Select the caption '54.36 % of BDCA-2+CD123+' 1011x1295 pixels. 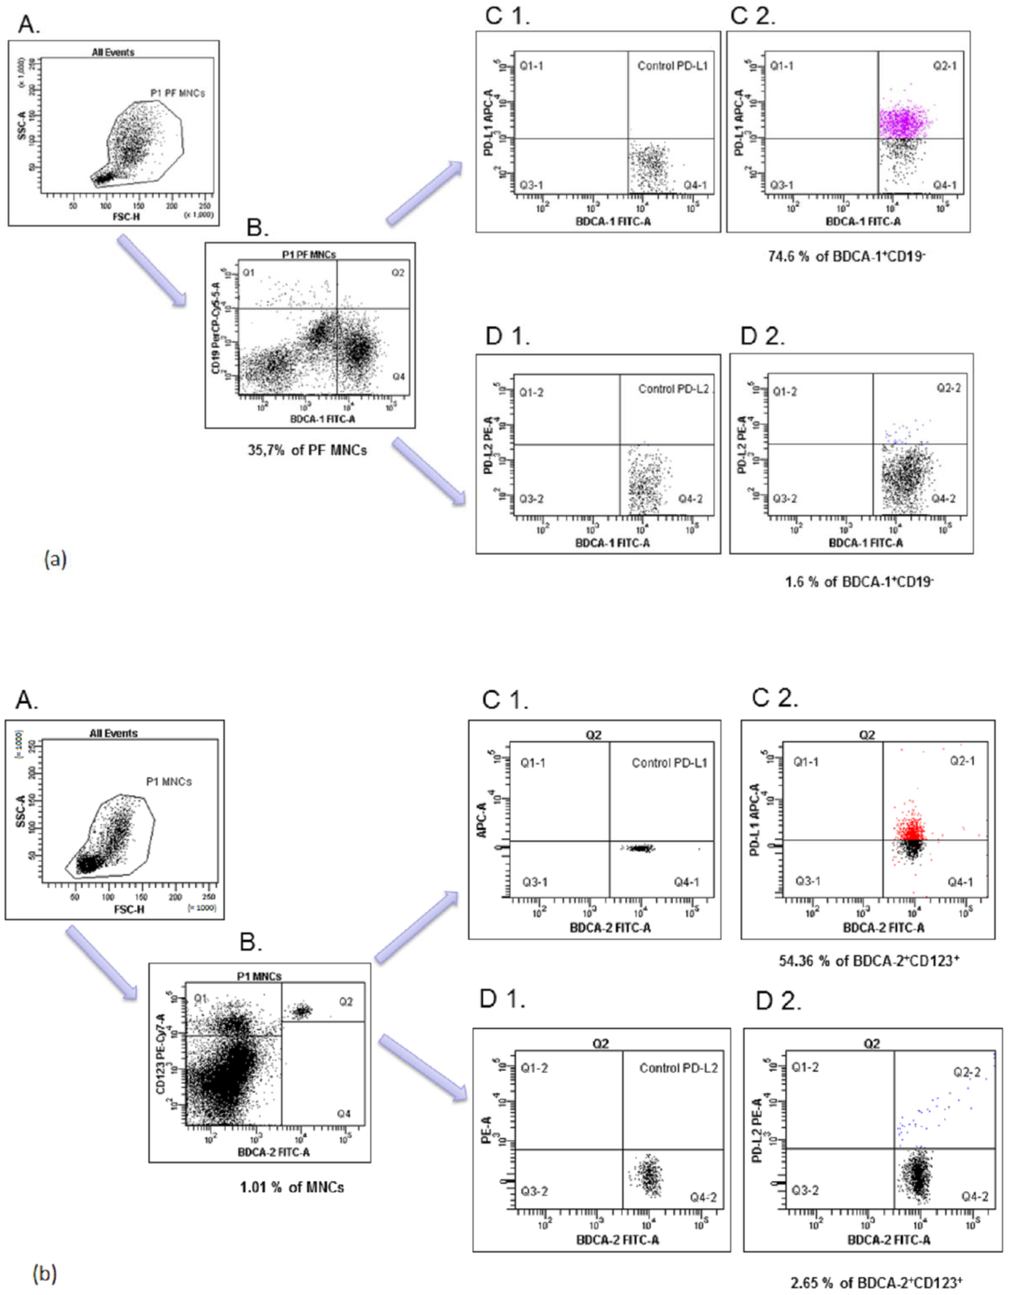(869, 961)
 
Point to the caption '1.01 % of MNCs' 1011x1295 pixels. (292, 1187)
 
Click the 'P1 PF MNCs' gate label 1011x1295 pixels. (177, 93)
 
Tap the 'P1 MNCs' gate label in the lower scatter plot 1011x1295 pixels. (169, 782)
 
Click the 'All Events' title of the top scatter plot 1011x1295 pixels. (113, 52)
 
